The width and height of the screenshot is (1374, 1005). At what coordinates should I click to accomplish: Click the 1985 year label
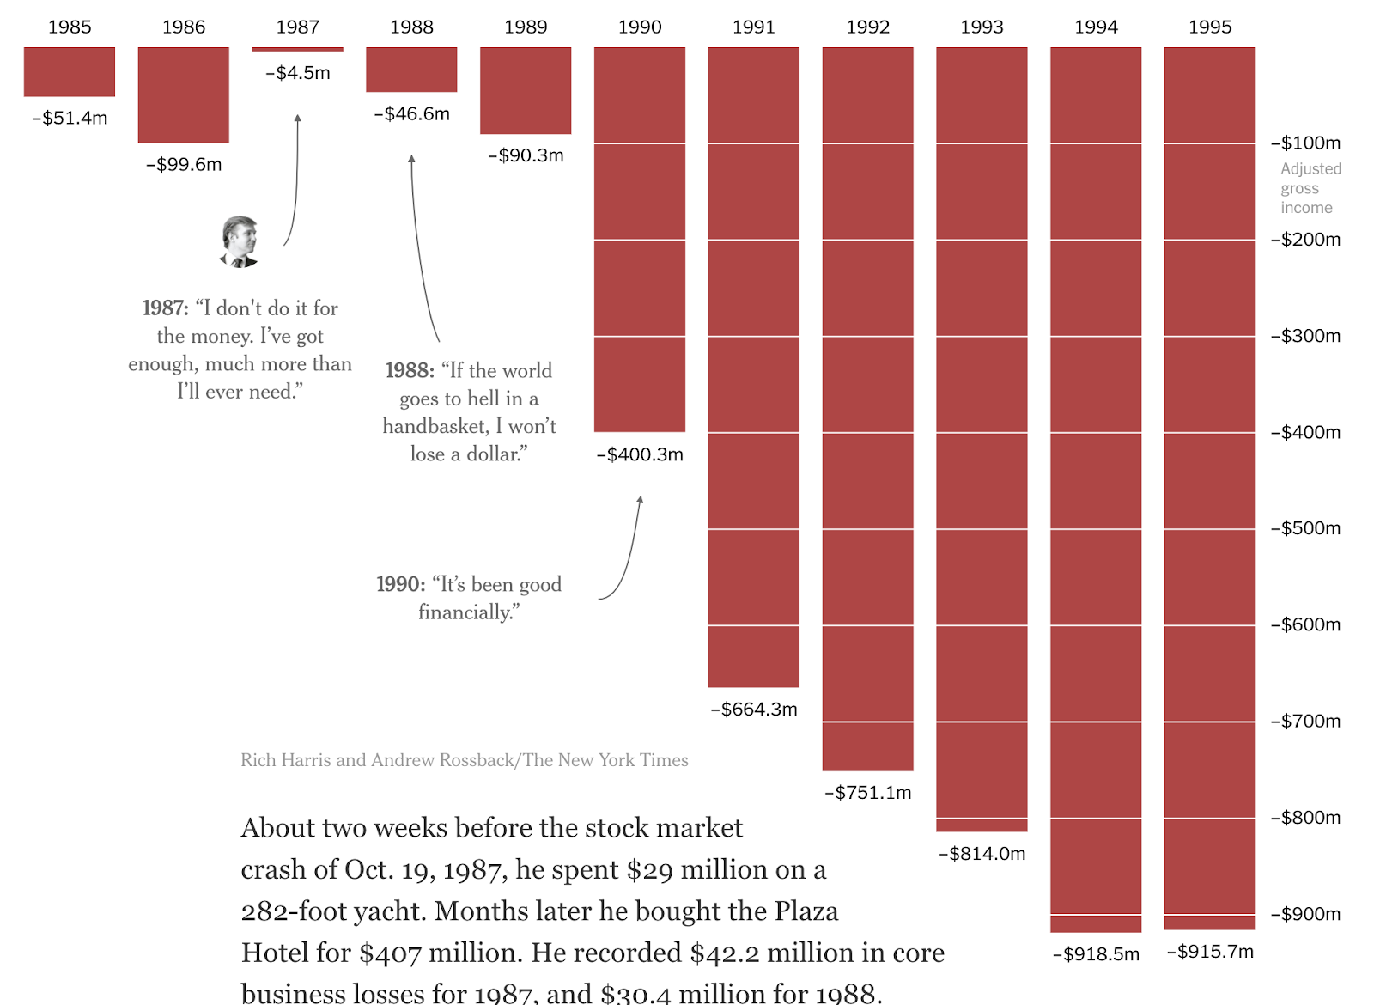pos(70,27)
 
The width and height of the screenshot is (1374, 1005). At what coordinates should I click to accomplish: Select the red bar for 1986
pos(183,94)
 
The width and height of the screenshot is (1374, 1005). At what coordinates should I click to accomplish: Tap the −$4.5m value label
pos(298,73)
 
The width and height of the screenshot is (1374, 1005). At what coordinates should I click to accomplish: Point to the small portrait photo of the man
pos(240,241)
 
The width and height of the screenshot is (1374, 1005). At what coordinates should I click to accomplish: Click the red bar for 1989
pos(526,90)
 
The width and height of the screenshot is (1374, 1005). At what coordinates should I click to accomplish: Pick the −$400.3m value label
pos(640,454)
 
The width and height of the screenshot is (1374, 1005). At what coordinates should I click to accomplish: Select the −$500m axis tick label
pos(1305,528)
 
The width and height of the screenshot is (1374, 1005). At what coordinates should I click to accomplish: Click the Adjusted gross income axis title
pos(1310,188)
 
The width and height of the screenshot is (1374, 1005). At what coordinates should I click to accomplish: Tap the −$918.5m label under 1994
pos(1096,954)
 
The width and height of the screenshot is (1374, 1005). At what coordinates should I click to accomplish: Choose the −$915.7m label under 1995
pos(1210,952)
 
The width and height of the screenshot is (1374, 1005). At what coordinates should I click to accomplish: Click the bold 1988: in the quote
pos(410,370)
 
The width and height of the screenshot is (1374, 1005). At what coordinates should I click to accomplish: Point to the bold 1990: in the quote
pos(400,584)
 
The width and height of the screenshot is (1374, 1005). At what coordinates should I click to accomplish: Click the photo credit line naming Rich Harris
pos(464,760)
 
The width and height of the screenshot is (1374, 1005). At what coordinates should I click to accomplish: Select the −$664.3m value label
pos(754,710)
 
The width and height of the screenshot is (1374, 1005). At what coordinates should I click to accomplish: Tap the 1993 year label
pos(982,27)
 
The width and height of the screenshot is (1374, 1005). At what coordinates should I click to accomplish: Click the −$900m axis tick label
pos(1305,914)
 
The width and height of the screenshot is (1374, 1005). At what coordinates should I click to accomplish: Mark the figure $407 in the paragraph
pos(391,953)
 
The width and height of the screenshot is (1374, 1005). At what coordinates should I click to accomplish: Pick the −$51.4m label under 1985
pos(70,119)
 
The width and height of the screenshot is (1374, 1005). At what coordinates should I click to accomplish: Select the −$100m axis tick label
pos(1305,143)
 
